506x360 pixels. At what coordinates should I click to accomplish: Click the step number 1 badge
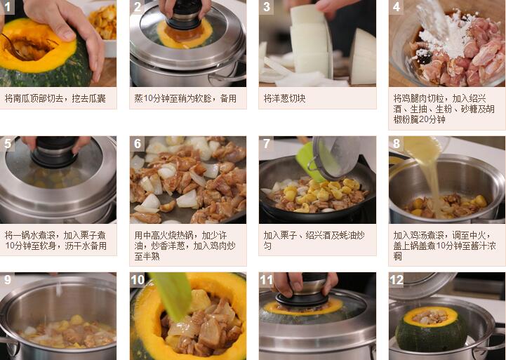[7, 7]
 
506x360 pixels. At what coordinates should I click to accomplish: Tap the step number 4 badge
[397, 7]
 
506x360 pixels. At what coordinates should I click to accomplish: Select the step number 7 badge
[267, 143]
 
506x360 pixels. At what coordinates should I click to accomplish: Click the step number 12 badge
[397, 280]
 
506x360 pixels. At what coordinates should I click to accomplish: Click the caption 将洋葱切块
[284, 98]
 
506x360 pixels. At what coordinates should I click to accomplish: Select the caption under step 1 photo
[55, 98]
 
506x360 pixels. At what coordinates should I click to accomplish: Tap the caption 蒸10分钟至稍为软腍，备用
[185, 98]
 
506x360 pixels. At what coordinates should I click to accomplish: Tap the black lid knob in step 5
[55, 152]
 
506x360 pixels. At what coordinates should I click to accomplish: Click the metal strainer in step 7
[335, 158]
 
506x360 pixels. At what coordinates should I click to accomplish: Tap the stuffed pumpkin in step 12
[431, 329]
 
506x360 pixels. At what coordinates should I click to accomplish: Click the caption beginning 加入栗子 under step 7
[314, 240]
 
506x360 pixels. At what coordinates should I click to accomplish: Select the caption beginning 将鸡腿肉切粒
[444, 109]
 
